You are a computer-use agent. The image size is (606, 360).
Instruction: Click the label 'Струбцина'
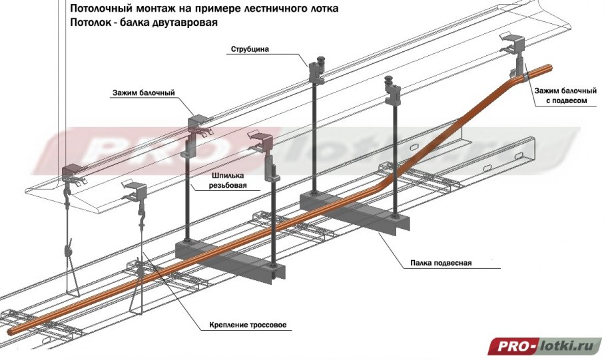tap(249, 49)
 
